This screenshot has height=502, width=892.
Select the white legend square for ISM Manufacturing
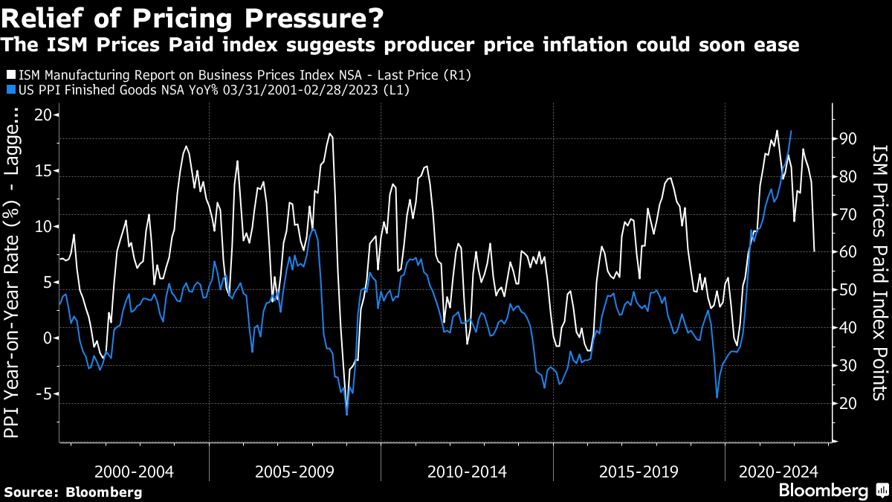coord(9,75)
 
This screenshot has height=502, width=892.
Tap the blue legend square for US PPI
coord(9,89)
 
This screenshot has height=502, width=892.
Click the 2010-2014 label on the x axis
coord(467,472)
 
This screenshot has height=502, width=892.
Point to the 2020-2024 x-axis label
coord(779,472)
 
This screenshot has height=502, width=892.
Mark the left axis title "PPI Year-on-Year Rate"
coord(13,297)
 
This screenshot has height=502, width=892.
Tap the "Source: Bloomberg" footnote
coord(73,492)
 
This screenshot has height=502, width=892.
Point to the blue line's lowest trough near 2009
coord(347,414)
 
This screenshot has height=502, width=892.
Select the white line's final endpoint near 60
coord(815,251)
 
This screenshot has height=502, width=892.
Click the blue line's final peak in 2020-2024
coord(791,131)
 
